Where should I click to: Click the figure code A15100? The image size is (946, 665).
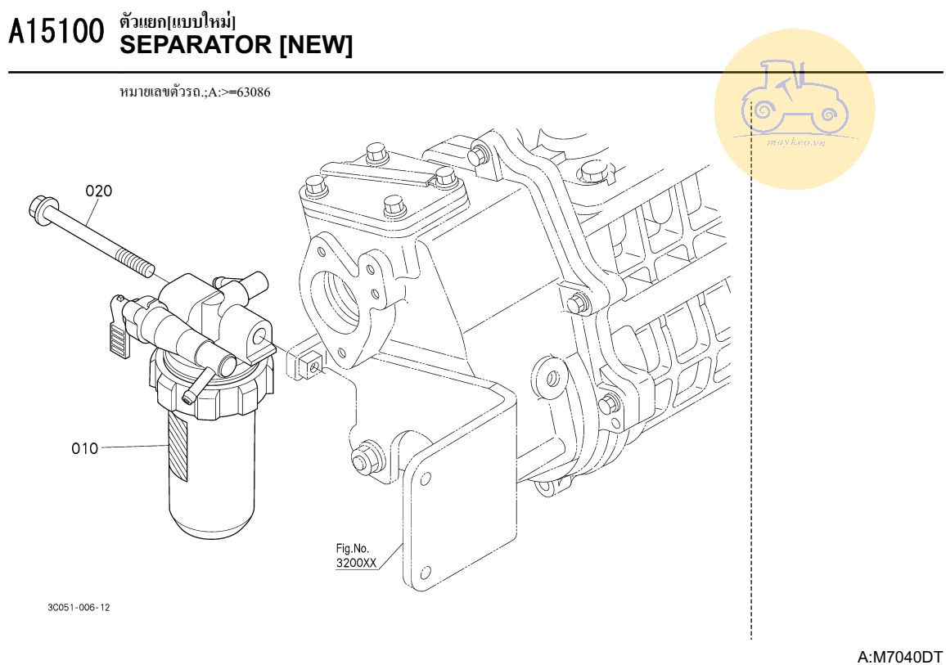tap(56, 31)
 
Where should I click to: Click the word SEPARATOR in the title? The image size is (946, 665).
tap(196, 45)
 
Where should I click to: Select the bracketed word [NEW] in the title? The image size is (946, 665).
tap(316, 45)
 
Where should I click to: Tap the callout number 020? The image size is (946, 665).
tap(98, 191)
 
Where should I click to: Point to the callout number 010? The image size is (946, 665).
tap(84, 448)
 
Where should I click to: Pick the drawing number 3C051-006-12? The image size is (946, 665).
tap(79, 607)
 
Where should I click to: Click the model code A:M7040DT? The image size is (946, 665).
tap(899, 656)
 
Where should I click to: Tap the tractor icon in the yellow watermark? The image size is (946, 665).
tap(793, 97)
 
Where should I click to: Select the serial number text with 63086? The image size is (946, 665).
tap(196, 92)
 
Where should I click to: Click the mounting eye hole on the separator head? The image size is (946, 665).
tap(261, 334)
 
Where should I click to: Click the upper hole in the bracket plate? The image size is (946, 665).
tap(426, 479)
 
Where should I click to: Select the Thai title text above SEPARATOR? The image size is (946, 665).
tap(178, 22)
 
